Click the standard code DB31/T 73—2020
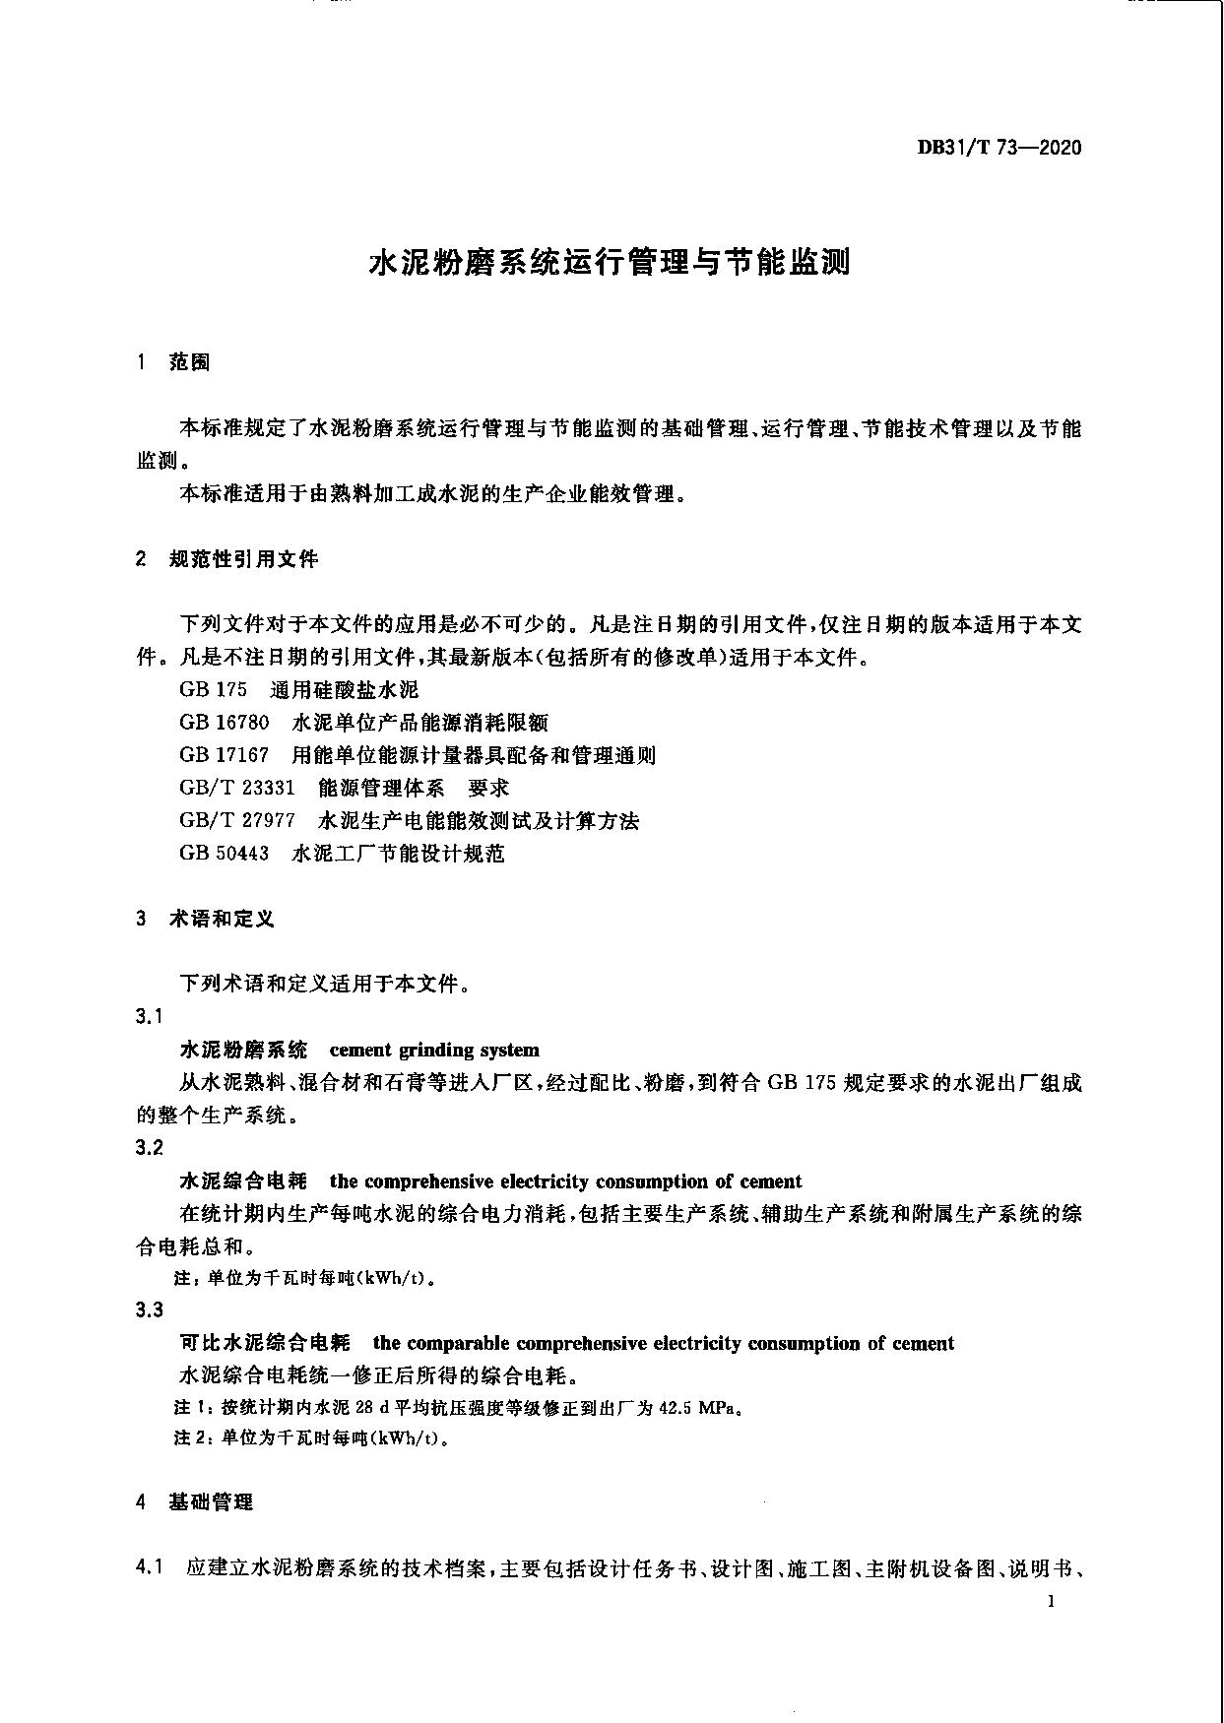point(999,148)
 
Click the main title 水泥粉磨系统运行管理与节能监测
point(610,263)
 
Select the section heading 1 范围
point(174,362)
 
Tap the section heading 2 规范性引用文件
point(227,559)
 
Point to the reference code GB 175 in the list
point(213,689)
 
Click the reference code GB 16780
point(224,723)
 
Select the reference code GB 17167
point(224,755)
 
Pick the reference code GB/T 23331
point(236,788)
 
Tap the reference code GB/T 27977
point(236,820)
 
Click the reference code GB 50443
point(224,853)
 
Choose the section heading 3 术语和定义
point(206,919)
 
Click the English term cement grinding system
point(434,1050)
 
